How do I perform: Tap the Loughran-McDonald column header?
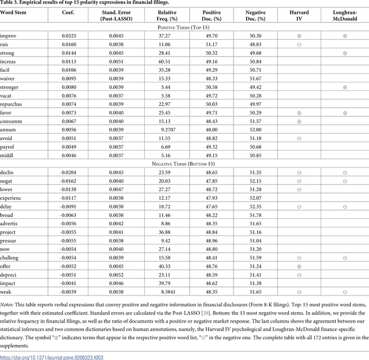coord(345,15)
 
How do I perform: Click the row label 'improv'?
coord(8,36)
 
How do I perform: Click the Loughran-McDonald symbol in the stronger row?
coord(345,87)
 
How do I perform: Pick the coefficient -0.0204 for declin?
coord(68,173)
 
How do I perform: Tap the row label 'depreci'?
coord(9,275)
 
